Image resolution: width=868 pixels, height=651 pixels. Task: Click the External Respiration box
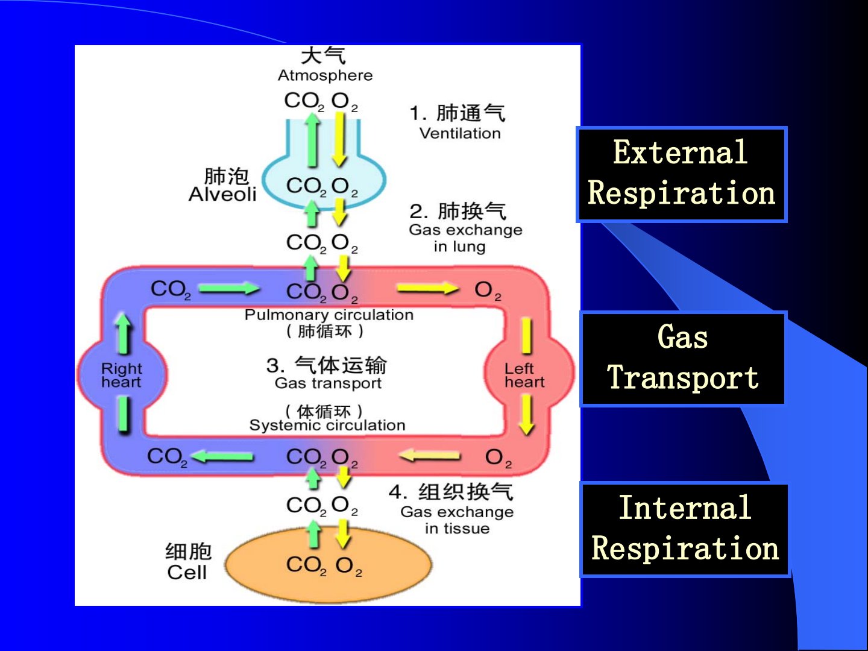tap(682, 174)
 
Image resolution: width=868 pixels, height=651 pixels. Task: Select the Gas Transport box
tap(683, 359)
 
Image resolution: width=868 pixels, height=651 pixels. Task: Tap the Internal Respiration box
tap(685, 530)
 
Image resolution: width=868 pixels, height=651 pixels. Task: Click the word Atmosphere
tap(325, 75)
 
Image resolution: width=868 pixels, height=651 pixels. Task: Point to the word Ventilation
tap(460, 133)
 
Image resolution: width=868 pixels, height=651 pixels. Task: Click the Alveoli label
tap(222, 194)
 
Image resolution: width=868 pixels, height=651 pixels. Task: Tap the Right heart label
tap(121, 375)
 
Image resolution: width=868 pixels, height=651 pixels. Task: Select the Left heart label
tap(524, 375)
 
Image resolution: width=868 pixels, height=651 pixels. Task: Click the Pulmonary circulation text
tap(329, 315)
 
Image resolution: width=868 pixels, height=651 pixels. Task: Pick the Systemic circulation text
tap(327, 425)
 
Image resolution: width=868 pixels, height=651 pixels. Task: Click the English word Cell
tap(187, 572)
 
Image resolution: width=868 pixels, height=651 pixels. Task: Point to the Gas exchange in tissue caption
tap(457, 520)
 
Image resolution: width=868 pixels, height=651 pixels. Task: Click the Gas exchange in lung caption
tap(465, 238)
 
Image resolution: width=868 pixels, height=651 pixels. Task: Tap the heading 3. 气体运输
tap(327, 365)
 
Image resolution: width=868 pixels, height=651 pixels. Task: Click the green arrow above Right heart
tap(124, 332)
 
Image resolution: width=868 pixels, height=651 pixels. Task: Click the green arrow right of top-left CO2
tap(228, 289)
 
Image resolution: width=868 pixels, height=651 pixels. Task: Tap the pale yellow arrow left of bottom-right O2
tap(429, 456)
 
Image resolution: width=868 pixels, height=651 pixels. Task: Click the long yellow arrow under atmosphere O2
tap(339, 139)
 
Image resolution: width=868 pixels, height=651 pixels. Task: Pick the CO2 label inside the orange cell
tap(306, 565)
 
